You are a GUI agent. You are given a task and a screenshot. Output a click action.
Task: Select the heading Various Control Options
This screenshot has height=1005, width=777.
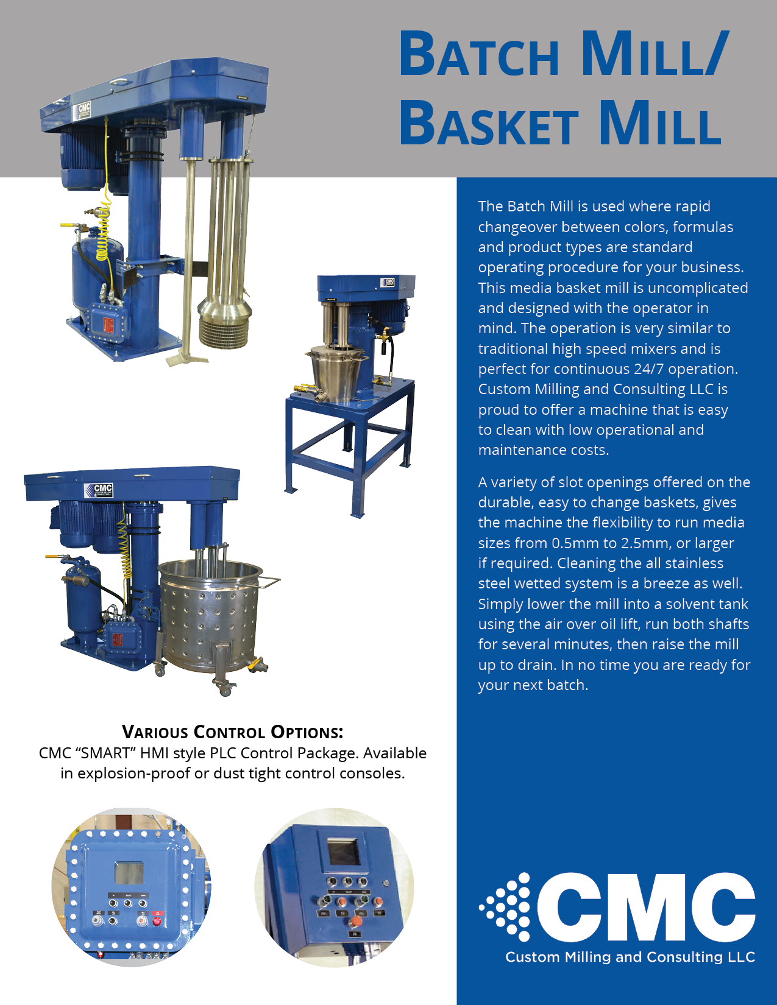[x=232, y=732]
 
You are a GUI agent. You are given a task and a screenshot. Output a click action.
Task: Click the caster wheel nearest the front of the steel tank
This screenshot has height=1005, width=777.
[x=224, y=689]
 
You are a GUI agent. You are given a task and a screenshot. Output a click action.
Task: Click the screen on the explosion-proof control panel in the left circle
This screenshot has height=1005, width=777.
[x=129, y=873]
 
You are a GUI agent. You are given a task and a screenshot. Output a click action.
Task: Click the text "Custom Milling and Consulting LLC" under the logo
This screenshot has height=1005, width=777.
[x=630, y=957]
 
